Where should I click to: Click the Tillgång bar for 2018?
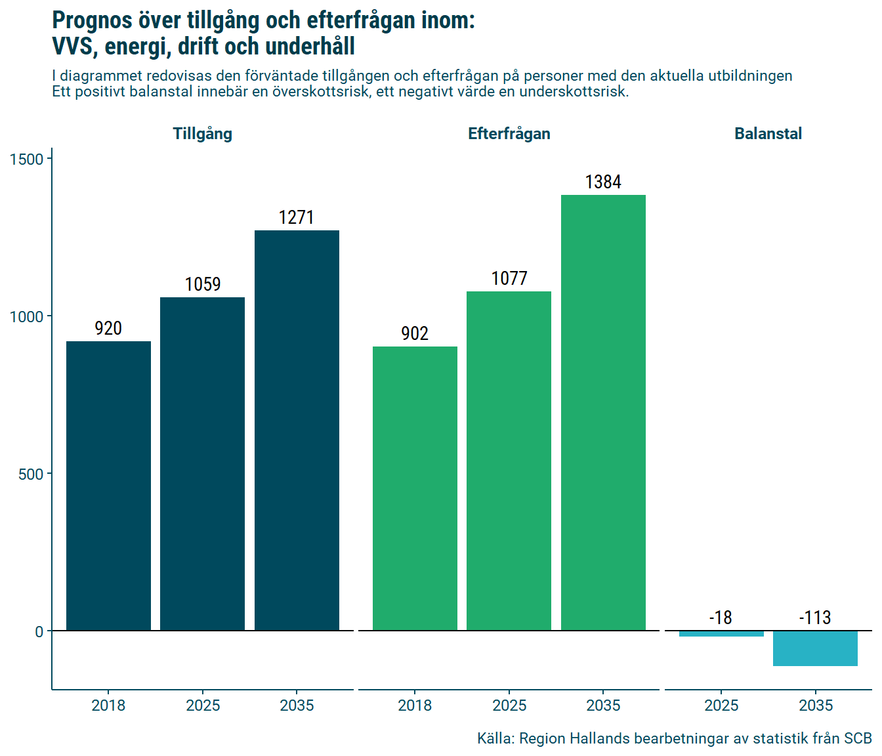(x=108, y=486)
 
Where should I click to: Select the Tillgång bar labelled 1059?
(x=202, y=463)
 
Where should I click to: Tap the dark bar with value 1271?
(x=297, y=430)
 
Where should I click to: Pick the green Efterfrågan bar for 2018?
(x=415, y=488)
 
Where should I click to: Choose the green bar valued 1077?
(x=509, y=461)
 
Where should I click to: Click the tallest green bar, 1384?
(x=603, y=412)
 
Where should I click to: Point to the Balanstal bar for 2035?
(x=815, y=648)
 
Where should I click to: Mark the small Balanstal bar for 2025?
(x=721, y=634)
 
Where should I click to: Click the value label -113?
(x=815, y=618)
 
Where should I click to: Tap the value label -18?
(x=721, y=618)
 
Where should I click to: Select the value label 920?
(x=108, y=328)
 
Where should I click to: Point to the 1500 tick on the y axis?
(x=27, y=159)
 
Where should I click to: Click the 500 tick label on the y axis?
(x=31, y=474)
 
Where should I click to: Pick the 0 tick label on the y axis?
(x=39, y=632)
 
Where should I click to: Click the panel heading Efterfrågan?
(x=509, y=134)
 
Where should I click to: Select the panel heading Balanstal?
(x=768, y=134)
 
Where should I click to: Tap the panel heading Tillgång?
(x=202, y=134)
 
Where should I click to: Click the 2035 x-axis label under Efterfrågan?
(x=603, y=705)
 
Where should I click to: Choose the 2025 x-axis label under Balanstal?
(x=721, y=705)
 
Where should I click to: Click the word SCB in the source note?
(x=858, y=739)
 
